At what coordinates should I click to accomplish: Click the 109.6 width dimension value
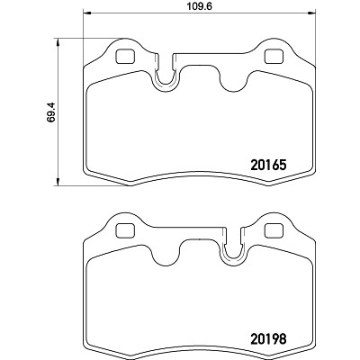tap(200, 6)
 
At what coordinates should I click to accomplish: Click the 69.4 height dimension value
tap(51, 112)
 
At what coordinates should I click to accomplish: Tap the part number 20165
tap(269, 165)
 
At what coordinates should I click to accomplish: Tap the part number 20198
tap(268, 339)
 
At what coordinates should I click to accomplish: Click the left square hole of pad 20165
tap(125, 57)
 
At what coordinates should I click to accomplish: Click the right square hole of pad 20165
tap(274, 57)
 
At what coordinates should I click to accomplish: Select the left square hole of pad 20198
tap(125, 231)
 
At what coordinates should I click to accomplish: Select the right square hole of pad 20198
tap(274, 231)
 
